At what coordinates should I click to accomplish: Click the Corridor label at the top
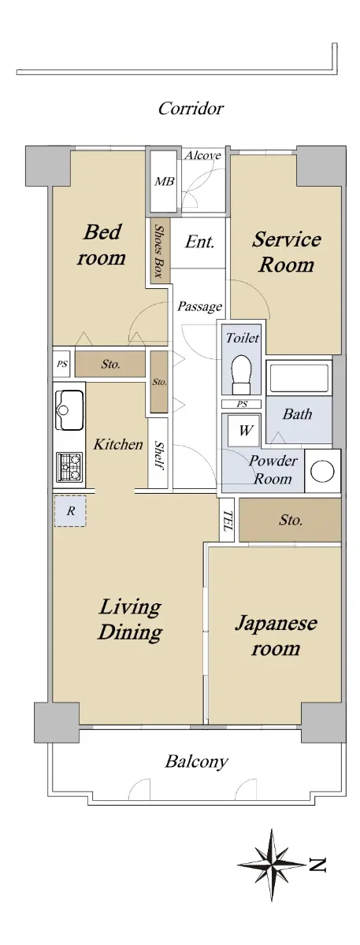coord(191,109)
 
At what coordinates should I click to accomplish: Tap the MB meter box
coord(164,181)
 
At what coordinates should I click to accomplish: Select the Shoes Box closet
coord(160,250)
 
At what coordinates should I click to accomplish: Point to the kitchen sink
coord(69,409)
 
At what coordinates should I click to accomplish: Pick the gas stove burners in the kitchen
coord(69,467)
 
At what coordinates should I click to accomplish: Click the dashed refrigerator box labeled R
coord(70,511)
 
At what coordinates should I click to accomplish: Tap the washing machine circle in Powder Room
coord(322,470)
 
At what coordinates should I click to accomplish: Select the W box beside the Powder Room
coord(244,430)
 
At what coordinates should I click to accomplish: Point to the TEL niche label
coord(228,521)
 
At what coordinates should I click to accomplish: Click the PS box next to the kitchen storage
coord(62,363)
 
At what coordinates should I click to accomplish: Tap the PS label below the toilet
coord(242,404)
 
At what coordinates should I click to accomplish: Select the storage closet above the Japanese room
coord(291,520)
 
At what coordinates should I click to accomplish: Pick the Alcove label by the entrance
coord(203,156)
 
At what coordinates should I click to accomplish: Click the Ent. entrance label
coord(200,242)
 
